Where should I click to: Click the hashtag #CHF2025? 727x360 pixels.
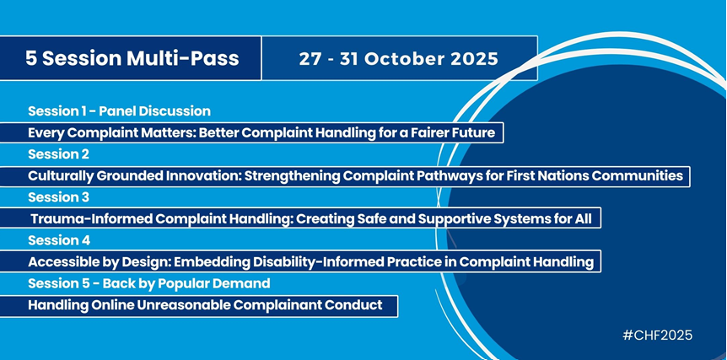tap(658, 335)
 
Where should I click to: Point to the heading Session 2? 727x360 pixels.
tap(58, 154)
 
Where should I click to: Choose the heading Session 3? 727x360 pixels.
tap(58, 197)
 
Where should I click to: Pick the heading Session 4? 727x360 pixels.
tap(59, 240)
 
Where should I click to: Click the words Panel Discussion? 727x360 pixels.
tap(155, 111)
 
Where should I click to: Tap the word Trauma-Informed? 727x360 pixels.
tap(90, 218)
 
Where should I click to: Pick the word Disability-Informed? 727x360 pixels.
tap(322, 262)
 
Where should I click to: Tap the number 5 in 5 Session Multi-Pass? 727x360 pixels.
tap(30, 58)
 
